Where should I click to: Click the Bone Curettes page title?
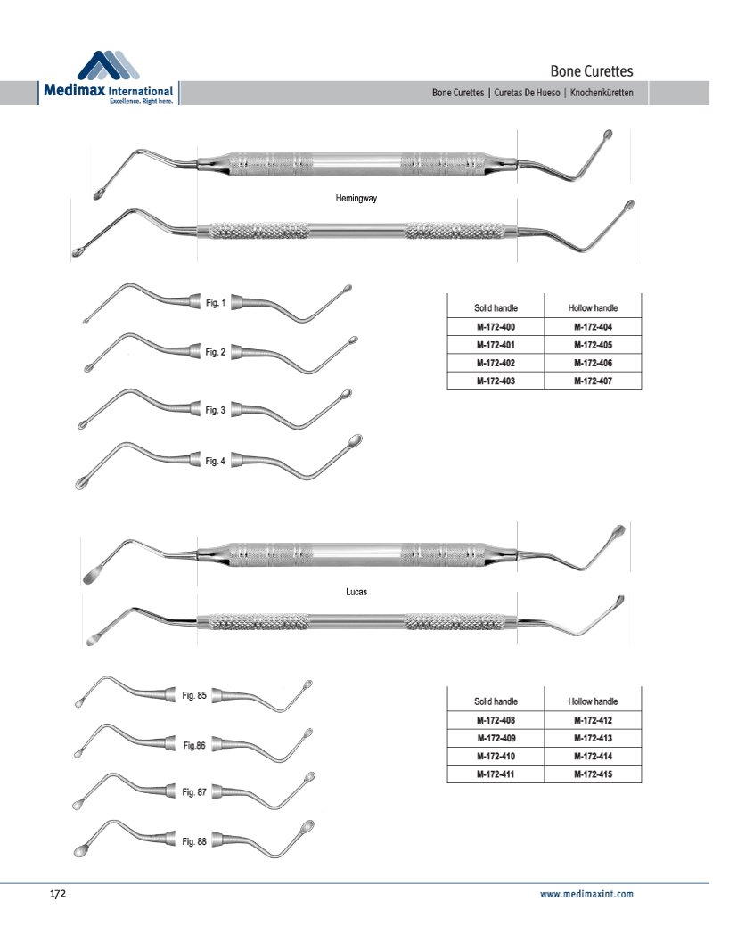click(x=592, y=71)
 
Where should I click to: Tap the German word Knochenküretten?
click(x=602, y=93)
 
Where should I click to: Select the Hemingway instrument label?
click(x=356, y=199)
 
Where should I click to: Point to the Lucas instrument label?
click(x=356, y=592)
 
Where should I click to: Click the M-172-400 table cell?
click(x=496, y=326)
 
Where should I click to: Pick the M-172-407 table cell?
click(x=594, y=381)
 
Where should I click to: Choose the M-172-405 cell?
click(x=594, y=344)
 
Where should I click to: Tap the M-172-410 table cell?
click(x=496, y=756)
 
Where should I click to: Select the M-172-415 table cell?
click(x=594, y=774)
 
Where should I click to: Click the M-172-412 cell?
click(x=594, y=720)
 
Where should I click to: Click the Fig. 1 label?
click(x=216, y=303)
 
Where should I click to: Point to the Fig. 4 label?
click(x=215, y=461)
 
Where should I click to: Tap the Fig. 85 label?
click(x=194, y=695)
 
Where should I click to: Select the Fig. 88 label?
click(x=194, y=841)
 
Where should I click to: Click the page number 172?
click(x=57, y=894)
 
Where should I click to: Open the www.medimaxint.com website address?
click(x=586, y=894)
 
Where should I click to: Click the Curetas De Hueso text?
click(x=527, y=93)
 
